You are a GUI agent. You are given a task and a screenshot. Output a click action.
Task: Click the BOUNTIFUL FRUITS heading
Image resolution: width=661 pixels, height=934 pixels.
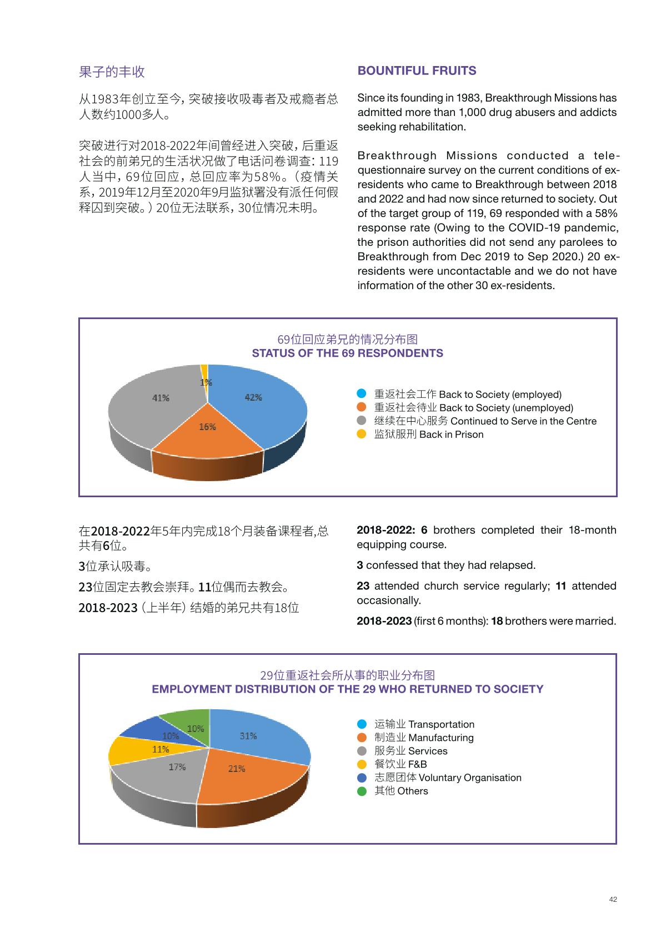[x=417, y=71]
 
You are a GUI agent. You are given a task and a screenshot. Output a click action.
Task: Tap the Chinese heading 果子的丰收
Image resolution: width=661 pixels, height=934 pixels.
[x=112, y=72]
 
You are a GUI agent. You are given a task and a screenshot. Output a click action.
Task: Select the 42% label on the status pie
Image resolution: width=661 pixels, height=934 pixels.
[x=253, y=397]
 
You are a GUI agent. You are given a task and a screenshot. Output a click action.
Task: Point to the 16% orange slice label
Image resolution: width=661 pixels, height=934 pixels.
[x=207, y=427]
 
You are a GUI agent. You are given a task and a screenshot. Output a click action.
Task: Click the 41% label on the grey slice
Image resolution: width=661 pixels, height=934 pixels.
[x=161, y=398]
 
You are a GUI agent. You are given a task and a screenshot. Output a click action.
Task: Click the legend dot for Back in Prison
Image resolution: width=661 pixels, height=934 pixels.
[x=362, y=435]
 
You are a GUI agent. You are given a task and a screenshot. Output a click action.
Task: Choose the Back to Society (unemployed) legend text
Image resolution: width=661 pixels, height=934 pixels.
[x=473, y=408]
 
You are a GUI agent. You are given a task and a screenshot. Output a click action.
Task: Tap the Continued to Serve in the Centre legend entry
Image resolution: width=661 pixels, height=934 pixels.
[x=485, y=421]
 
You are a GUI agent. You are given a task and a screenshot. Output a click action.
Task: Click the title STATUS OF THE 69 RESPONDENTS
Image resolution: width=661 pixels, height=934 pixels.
[x=347, y=354]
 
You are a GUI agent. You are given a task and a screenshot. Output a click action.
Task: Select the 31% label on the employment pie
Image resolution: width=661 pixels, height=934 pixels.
[x=248, y=736]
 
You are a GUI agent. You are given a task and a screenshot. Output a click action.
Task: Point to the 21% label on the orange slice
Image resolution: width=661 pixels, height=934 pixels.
[x=237, y=769]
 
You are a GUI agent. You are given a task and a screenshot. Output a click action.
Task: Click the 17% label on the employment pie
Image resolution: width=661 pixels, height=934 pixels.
[x=177, y=767]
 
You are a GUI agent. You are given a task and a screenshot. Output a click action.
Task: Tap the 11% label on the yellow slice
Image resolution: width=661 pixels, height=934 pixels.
[x=161, y=749]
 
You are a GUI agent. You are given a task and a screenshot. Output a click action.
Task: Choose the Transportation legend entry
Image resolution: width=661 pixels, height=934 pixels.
[x=424, y=724]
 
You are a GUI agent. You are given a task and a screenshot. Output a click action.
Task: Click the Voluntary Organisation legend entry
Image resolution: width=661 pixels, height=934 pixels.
[x=448, y=778]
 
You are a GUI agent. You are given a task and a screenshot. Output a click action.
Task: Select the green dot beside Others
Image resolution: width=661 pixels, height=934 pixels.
[x=362, y=791]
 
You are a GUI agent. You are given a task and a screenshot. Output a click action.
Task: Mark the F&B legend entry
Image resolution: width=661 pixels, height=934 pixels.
[x=400, y=764]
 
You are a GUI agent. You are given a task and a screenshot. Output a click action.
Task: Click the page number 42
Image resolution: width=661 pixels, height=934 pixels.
[x=613, y=900]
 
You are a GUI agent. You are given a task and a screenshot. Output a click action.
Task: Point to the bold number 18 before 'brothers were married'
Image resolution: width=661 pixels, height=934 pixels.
[x=497, y=621]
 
